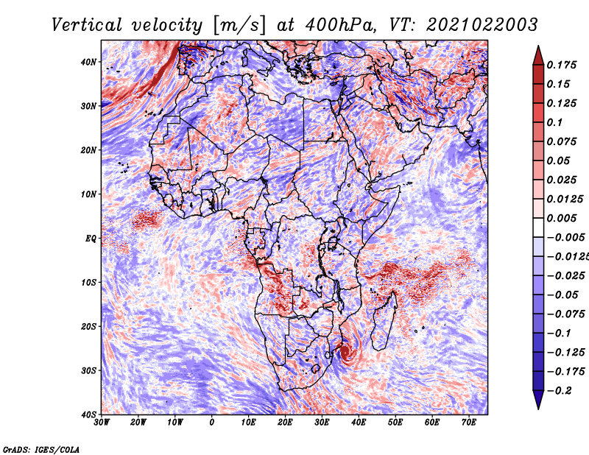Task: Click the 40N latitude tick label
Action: coord(88,62)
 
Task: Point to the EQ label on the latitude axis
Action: coord(91,239)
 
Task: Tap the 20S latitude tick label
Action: coord(88,326)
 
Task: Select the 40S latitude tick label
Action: coord(88,415)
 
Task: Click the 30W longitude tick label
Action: coord(102,423)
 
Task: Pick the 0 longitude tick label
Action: coord(212,423)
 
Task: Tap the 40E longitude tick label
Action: coord(359,423)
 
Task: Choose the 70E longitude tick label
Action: coord(469,423)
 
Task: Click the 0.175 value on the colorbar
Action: coord(562,65)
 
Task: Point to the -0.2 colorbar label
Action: coord(560,391)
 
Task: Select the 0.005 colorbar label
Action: coord(562,218)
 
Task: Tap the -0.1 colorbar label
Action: coord(560,334)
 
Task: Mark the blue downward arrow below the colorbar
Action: coord(538,399)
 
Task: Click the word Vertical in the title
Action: coord(86,25)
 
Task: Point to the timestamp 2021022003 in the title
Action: coord(482,25)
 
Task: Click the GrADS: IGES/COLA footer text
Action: coord(41,449)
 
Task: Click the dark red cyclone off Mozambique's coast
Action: coord(345,353)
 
